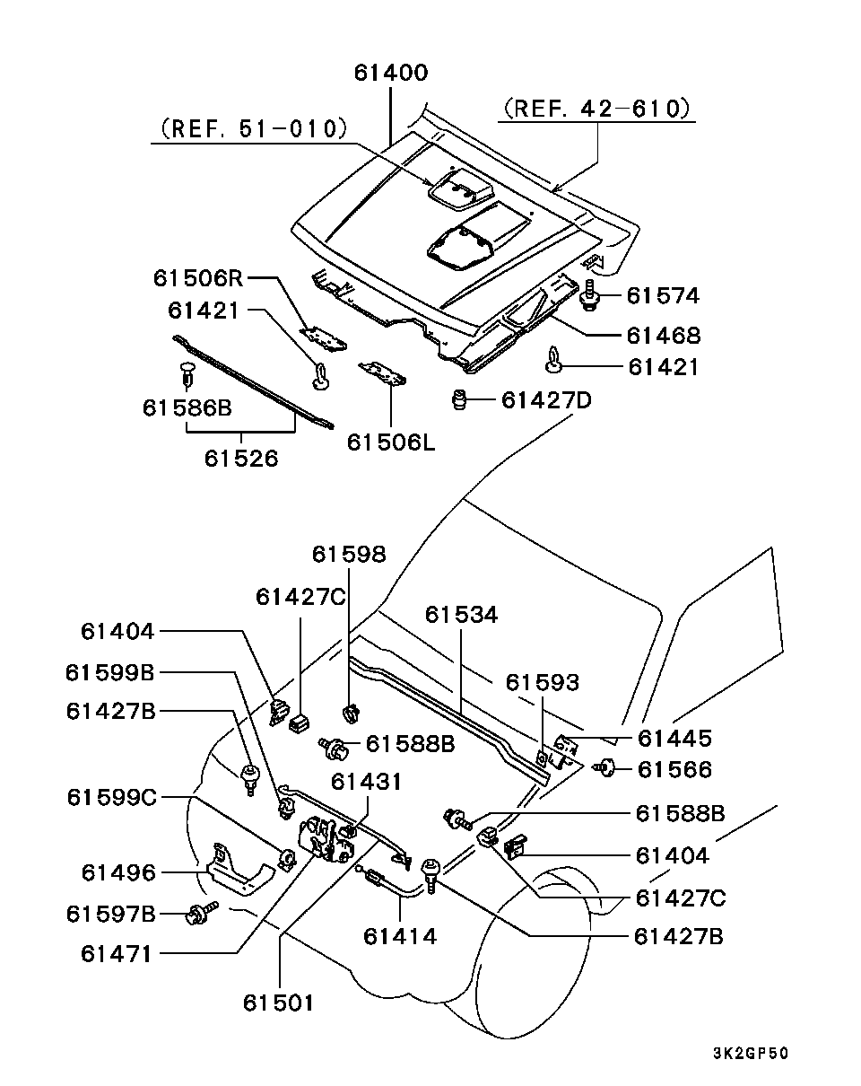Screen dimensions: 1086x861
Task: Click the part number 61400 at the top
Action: click(x=390, y=73)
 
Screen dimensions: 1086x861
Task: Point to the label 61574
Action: click(x=662, y=295)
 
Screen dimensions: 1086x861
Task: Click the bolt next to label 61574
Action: click(x=591, y=295)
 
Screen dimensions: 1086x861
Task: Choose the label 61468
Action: click(x=664, y=336)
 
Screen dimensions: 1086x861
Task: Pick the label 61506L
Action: click(x=390, y=442)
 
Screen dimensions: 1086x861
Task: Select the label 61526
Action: click(x=241, y=458)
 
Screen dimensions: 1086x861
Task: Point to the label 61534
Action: click(x=461, y=615)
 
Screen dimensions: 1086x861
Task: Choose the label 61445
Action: click(x=674, y=738)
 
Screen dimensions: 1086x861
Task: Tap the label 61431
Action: click(x=367, y=782)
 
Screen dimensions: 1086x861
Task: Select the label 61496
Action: click(x=118, y=872)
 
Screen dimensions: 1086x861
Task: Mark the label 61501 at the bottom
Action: click(x=279, y=1002)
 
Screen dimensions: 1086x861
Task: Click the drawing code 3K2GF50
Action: click(x=751, y=1054)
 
